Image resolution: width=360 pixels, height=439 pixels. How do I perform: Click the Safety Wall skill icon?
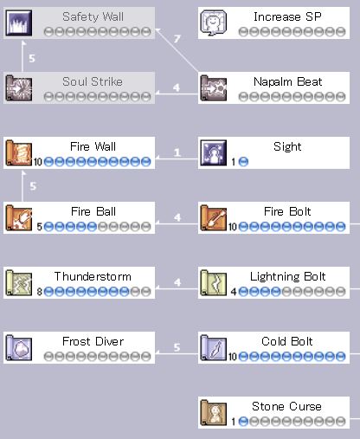pos(19,23)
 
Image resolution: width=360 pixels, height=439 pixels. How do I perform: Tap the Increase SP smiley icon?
pos(214,23)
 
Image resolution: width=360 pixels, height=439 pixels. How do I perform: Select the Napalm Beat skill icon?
pos(214,87)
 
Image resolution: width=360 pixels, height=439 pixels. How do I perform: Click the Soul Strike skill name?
pos(93,81)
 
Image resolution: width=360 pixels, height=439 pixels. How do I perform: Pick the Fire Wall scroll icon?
pos(19,152)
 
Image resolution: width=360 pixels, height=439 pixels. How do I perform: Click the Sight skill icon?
pos(214,152)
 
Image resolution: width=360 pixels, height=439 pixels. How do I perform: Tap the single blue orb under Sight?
pos(243,162)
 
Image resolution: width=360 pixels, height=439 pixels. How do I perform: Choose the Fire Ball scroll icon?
pos(19,217)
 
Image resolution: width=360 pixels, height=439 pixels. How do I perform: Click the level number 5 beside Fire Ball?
pos(40,227)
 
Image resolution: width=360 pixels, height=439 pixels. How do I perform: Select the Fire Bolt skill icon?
pos(214,217)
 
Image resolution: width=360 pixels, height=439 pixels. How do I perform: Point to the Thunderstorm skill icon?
pos(19,282)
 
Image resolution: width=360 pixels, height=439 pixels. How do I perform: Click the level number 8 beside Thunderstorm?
pos(40,292)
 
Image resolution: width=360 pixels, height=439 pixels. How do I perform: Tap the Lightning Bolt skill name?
pos(287,277)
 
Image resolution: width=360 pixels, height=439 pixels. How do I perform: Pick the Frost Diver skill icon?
pos(19,347)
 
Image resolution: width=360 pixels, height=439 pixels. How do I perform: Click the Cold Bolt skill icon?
pos(214,347)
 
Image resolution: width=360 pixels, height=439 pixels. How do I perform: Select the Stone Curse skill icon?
pos(214,412)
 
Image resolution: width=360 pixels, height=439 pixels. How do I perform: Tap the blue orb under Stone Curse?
pos(243,422)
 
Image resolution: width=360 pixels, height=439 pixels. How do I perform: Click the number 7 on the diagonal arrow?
pos(177,39)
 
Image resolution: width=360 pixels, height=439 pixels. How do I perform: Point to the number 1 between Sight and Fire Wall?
pos(177,152)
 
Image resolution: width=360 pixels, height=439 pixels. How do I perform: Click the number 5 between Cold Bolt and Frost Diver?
pos(177,347)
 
